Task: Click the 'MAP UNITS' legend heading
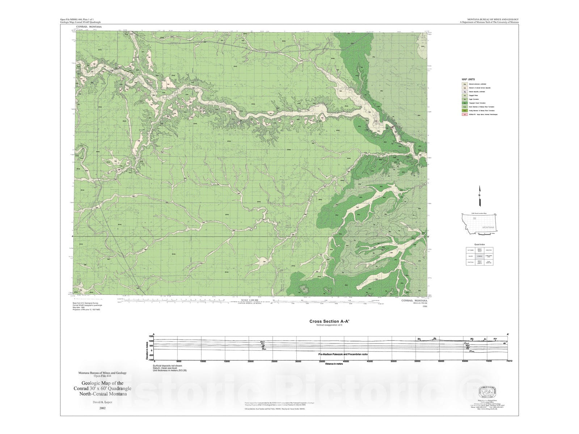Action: point(468,79)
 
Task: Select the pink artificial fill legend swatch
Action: point(464,114)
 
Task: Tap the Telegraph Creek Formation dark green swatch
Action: point(464,103)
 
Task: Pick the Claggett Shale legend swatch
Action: point(464,95)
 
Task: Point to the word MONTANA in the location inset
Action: point(488,227)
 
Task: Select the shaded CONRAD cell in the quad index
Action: point(479,256)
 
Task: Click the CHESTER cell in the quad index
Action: point(489,250)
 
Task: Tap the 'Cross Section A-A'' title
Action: point(324,321)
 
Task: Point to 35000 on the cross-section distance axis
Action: point(322,361)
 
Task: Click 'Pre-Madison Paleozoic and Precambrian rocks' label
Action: point(343,354)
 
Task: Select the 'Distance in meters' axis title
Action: point(334,364)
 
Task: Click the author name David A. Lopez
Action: point(102,402)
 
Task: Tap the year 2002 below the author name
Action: point(102,408)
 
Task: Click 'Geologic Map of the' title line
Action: point(102,383)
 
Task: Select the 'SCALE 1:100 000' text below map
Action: point(249,300)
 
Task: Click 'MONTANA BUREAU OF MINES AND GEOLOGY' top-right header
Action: point(493,20)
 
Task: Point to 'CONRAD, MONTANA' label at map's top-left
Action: point(89,27)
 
